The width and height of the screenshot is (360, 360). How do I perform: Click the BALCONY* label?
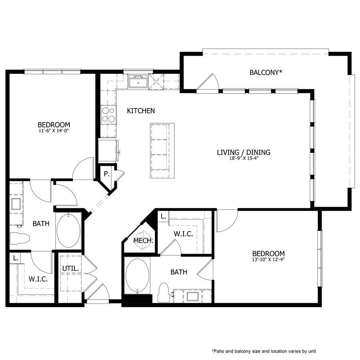[266, 72]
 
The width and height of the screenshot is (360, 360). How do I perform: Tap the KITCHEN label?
[141, 111]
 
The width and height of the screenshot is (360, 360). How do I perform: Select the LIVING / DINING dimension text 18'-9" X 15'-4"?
[244, 159]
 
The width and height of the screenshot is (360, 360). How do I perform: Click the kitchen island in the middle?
[162, 150]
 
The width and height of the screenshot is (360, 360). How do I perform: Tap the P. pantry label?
[106, 174]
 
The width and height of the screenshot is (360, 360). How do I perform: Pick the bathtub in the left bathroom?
[68, 232]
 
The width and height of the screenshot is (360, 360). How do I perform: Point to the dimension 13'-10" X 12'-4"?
[268, 260]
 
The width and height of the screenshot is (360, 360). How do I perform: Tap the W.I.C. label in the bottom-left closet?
[38, 279]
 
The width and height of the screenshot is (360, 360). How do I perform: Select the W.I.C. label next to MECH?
[183, 234]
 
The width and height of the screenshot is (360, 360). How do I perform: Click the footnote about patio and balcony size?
[264, 351]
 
